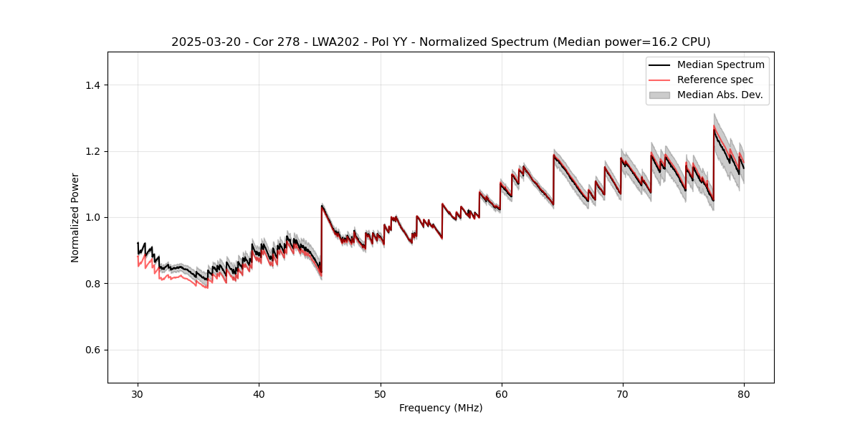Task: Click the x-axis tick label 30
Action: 138,393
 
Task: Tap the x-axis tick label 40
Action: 259,393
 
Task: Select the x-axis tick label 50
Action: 380,393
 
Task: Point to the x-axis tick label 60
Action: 501,393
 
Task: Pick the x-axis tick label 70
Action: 622,393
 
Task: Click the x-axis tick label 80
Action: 743,393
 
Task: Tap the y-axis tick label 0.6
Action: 93,350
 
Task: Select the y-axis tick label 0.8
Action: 93,284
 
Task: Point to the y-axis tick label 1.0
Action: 93,217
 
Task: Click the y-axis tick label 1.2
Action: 93,151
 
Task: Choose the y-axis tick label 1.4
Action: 93,85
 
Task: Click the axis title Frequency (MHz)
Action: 441,408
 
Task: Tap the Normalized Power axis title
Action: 75,217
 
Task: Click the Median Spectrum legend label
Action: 720,64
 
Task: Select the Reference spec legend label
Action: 715,80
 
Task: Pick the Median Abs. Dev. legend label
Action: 720,95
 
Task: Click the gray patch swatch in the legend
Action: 659,95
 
